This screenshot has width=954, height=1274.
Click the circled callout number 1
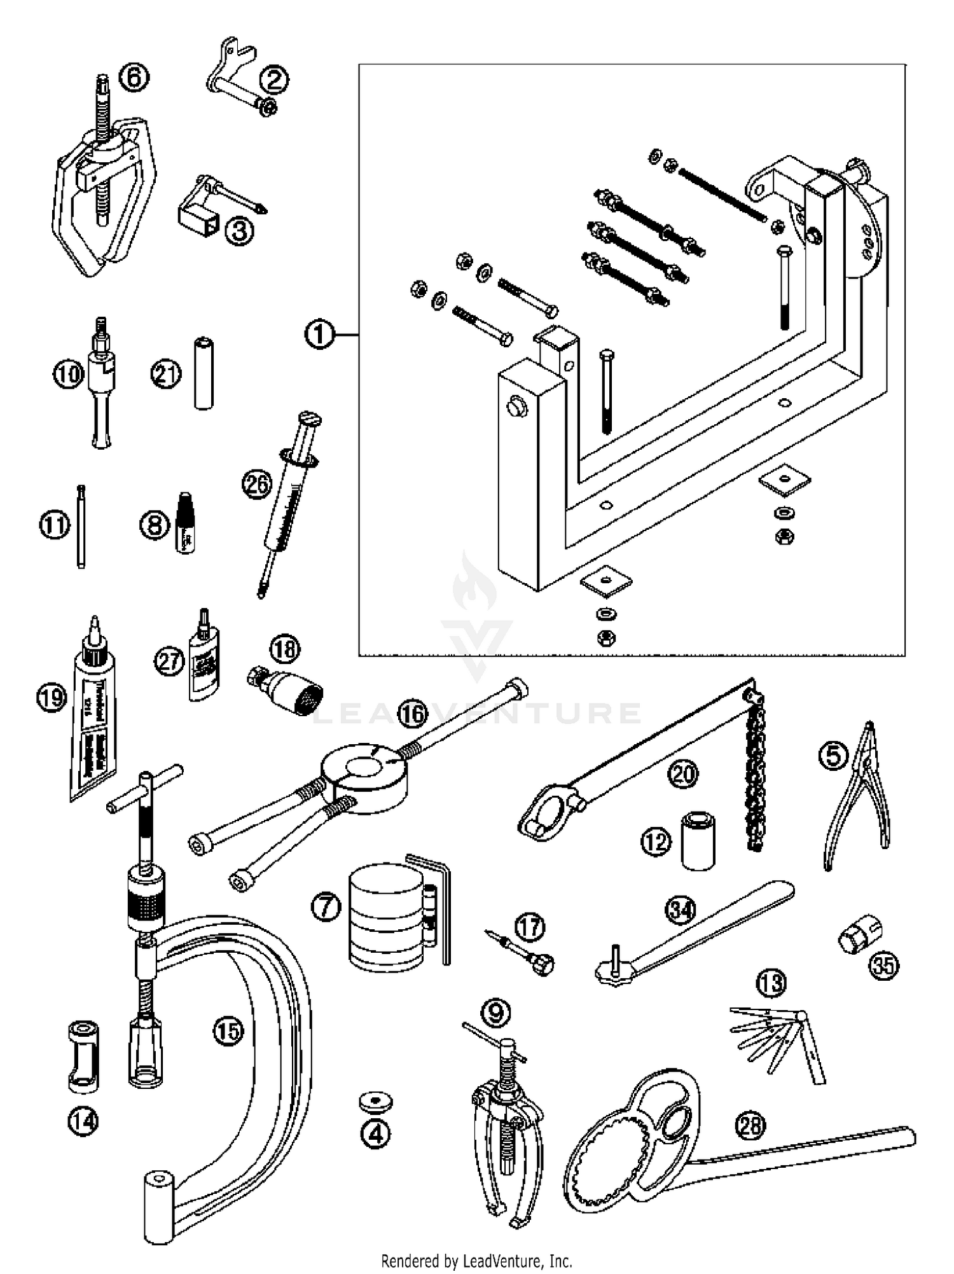click(x=319, y=334)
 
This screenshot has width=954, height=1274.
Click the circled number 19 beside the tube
click(x=52, y=698)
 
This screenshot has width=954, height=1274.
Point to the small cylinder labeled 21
click(x=204, y=373)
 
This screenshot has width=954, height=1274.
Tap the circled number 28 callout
click(x=750, y=1125)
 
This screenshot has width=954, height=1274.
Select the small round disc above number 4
click(x=375, y=1102)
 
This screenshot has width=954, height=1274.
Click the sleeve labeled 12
click(x=698, y=840)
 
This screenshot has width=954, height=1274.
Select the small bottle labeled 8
click(x=184, y=523)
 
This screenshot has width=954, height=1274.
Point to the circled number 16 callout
click(x=413, y=714)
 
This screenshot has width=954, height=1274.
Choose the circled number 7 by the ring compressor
click(x=326, y=906)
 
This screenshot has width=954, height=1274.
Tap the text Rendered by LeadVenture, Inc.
click(x=476, y=1260)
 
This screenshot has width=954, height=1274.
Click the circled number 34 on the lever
click(x=681, y=910)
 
